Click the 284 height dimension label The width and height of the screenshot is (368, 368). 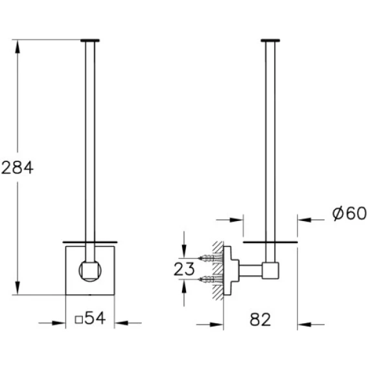[17, 168]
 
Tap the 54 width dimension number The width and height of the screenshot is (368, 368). [95, 318]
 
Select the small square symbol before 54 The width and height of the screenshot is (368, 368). [78, 320]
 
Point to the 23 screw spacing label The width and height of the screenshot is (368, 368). [184, 269]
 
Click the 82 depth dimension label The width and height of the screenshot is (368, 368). [260, 319]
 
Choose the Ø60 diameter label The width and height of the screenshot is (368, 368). [349, 213]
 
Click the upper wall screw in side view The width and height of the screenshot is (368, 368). [211, 258]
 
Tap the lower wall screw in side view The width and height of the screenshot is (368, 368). [211, 279]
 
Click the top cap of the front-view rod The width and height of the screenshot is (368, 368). [90, 41]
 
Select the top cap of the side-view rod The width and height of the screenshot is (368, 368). [270, 41]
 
